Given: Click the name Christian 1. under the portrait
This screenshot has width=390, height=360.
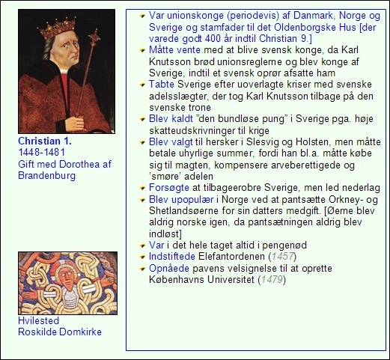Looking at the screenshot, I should pyautogui.click(x=43, y=141).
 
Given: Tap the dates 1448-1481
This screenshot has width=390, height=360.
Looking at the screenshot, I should pyautogui.click(x=41, y=153).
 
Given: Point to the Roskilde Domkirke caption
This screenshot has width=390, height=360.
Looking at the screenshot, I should pyautogui.click(x=60, y=332).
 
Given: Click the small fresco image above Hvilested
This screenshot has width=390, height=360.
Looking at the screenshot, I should pyautogui.click(x=67, y=282).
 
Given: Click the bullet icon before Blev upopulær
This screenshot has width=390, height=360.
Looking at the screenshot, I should pyautogui.click(x=143, y=200).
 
